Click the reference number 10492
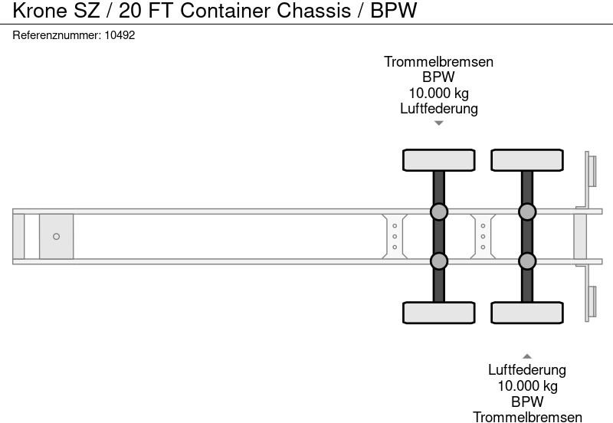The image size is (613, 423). pyautogui.click(x=120, y=35)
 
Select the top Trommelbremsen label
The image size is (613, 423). pyautogui.click(x=438, y=62)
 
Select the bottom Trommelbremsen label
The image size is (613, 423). pyautogui.click(x=527, y=416)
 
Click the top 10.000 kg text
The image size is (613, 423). pyautogui.click(x=438, y=93)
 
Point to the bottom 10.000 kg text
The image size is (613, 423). pyautogui.click(x=527, y=385)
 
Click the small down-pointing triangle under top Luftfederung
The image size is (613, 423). pyautogui.click(x=438, y=123)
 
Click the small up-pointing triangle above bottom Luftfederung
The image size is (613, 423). pyautogui.click(x=527, y=356)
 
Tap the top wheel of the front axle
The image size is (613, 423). pyautogui.click(x=438, y=160)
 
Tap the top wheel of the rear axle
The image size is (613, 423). pyautogui.click(x=527, y=160)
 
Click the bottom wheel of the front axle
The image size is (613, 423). pyautogui.click(x=438, y=312)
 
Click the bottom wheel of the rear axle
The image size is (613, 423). pyautogui.click(x=527, y=312)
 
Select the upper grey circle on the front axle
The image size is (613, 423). pyautogui.click(x=438, y=211)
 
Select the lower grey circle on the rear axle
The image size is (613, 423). pyautogui.click(x=527, y=261)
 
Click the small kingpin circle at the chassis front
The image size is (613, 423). pyautogui.click(x=56, y=236)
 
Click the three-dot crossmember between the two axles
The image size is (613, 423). pyautogui.click(x=484, y=236)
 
